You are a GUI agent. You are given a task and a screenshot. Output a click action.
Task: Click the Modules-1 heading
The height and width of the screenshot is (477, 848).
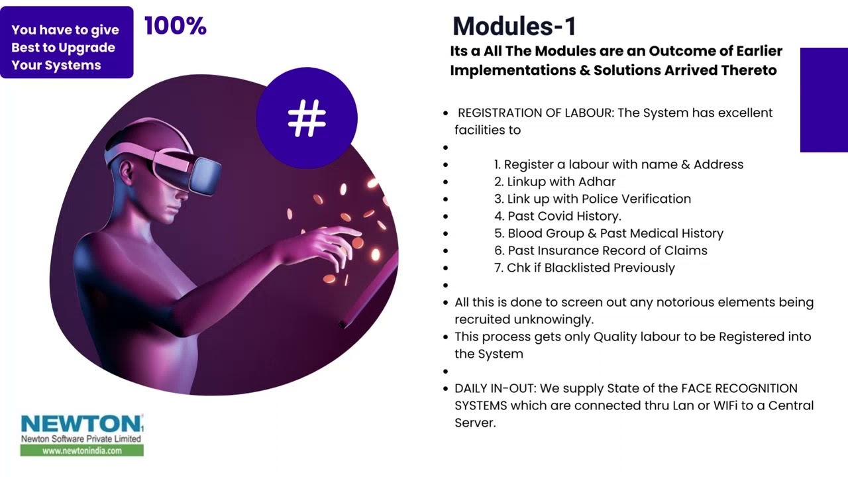514,26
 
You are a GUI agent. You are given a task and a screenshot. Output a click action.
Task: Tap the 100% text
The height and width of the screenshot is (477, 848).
176,26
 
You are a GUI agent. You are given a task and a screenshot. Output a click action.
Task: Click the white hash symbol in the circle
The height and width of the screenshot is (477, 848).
307,119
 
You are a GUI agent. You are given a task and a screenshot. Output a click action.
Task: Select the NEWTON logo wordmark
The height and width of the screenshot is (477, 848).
81,424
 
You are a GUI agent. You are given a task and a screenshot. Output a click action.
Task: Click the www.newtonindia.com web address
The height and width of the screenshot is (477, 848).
81,450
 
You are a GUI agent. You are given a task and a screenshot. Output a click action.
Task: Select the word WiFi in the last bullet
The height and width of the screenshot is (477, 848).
725,405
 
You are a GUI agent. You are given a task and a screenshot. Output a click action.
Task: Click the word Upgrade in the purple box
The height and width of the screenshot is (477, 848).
87,48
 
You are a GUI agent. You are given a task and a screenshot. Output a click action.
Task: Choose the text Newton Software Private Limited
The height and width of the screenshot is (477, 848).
81,439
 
